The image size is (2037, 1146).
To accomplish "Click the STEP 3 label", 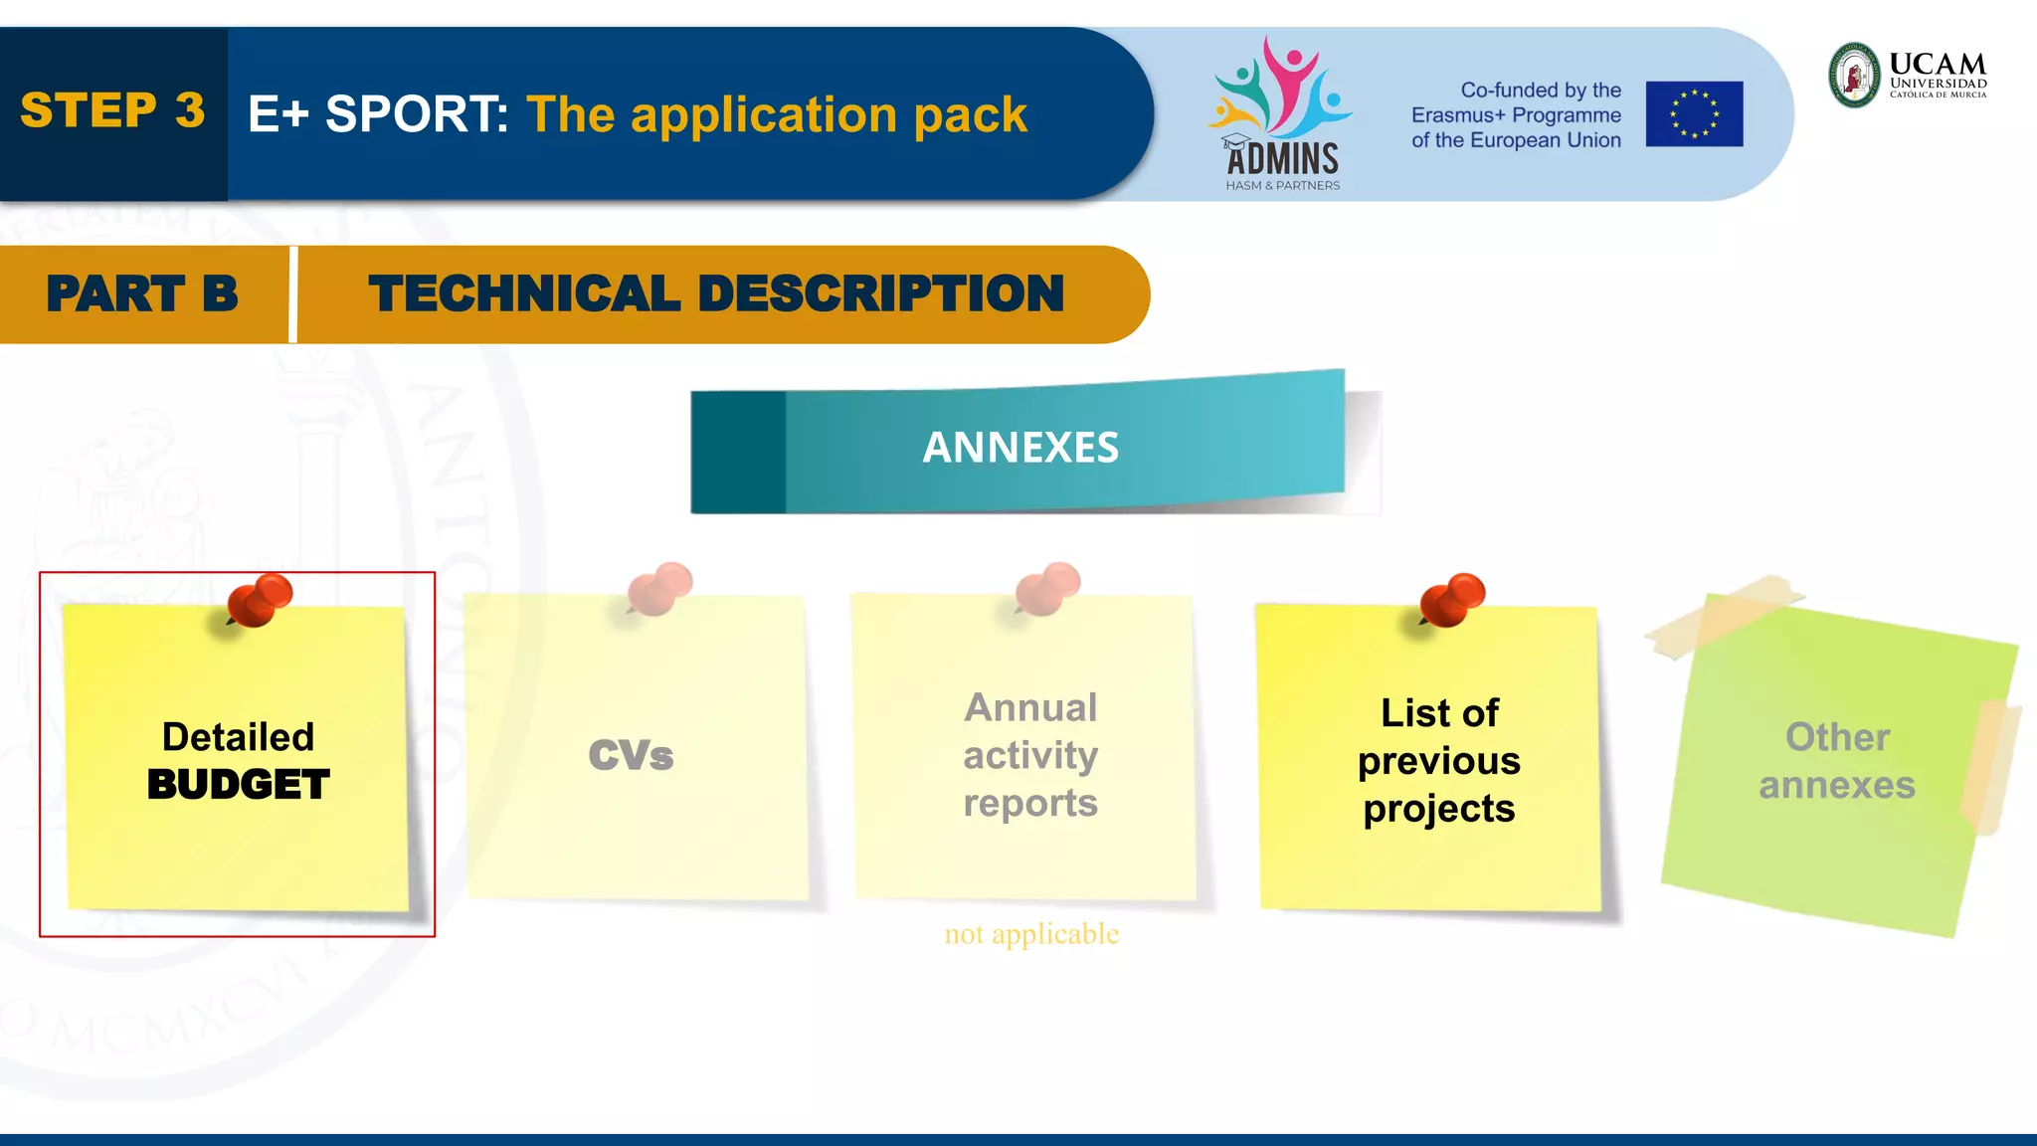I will [112, 110].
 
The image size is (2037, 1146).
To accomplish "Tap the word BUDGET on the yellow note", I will [239, 785].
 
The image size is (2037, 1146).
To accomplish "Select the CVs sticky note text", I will [631, 755].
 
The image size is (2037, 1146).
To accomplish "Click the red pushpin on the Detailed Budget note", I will [261, 599].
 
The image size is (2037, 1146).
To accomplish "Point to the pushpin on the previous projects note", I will [1453, 599].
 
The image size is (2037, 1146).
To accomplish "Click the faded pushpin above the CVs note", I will [660, 588].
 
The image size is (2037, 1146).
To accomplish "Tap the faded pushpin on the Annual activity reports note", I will [1048, 588].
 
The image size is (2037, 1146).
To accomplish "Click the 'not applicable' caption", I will [1031, 933].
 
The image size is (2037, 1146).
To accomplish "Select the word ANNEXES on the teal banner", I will [1020, 448].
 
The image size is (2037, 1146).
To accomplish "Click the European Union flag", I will [1694, 114].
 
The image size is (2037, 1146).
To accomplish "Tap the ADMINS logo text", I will [1282, 159].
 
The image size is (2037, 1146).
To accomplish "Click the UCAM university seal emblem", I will [1855, 75].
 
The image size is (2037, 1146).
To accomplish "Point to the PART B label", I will [142, 294].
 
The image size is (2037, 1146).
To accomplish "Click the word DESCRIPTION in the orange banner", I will [881, 294].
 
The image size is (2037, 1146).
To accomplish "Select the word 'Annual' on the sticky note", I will [1030, 707].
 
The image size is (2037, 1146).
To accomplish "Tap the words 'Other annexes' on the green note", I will [1837, 761].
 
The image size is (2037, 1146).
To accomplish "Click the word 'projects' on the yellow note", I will [1439, 809].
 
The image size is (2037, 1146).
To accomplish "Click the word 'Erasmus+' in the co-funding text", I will [1458, 115].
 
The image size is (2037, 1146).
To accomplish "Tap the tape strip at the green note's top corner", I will [1724, 615].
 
